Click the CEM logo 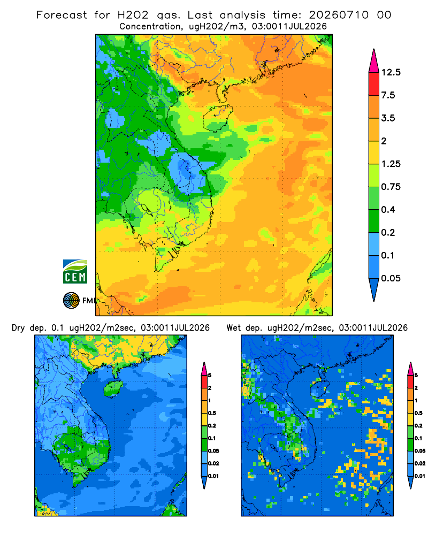pyautogui.click(x=75, y=272)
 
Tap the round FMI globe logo pyautogui.click(x=71, y=300)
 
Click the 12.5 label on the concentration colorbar pyautogui.click(x=391, y=72)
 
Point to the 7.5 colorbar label pyautogui.click(x=388, y=95)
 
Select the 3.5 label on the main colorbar pyautogui.click(x=388, y=118)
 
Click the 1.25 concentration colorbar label pyautogui.click(x=391, y=164)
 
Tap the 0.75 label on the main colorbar pyautogui.click(x=391, y=187)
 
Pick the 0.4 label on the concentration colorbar pyautogui.click(x=388, y=210)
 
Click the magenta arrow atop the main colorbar pyautogui.click(x=374, y=61)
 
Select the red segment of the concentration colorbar pyautogui.click(x=374, y=84)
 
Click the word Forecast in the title pyautogui.click(x=62, y=15)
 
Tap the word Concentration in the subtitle pyautogui.click(x=150, y=27)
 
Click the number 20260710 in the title pyautogui.click(x=339, y=15)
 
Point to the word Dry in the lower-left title pyautogui.click(x=18, y=328)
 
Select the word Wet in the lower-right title pyautogui.click(x=233, y=328)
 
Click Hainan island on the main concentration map pyautogui.click(x=217, y=118)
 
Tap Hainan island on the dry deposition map pyautogui.click(x=113, y=388)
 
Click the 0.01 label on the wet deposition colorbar pyautogui.click(x=420, y=476)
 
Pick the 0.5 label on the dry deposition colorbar pyautogui.click(x=212, y=413)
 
